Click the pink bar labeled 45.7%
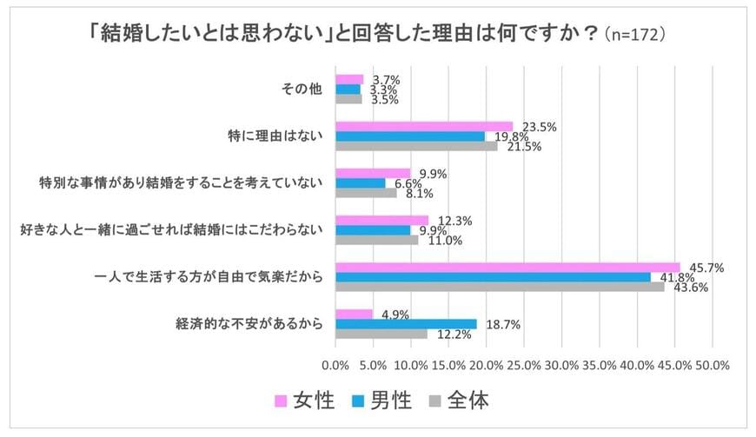tap(507, 267)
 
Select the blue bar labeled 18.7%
tap(406, 323)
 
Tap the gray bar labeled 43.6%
tap(500, 287)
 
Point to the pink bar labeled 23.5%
tap(424, 126)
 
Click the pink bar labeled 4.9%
tap(354, 314)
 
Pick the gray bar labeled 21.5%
tap(416, 146)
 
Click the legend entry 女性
tap(304, 401)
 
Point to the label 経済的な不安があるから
tap(249, 324)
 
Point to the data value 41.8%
tap(672, 277)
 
